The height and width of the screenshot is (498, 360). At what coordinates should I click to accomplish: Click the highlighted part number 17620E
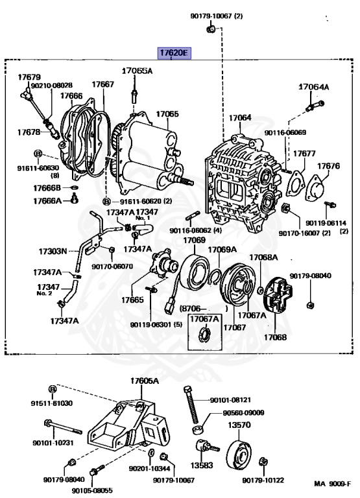[x=174, y=53]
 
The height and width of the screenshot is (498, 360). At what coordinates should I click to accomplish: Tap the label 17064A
[x=313, y=87]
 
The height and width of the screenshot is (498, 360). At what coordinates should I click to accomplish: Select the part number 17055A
[x=138, y=71]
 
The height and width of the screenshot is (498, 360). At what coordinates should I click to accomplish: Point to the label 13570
[x=239, y=425]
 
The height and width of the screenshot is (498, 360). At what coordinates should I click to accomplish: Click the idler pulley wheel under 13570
[x=240, y=455]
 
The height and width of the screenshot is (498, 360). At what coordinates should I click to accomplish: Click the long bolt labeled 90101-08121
[x=191, y=405]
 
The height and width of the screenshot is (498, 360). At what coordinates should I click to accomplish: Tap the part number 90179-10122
[x=263, y=480]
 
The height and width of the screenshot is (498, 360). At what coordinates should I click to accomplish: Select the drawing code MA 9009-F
[x=332, y=484]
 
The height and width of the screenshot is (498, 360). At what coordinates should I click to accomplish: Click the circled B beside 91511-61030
[x=53, y=389]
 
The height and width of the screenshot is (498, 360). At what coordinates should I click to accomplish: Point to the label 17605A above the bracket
[x=144, y=381]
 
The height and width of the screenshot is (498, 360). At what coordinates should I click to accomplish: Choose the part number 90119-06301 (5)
[x=156, y=325]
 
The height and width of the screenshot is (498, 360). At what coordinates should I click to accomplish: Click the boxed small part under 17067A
[x=204, y=335]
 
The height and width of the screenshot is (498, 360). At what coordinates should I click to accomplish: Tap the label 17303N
[x=53, y=252]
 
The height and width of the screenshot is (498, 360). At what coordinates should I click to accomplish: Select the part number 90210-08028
[x=52, y=85]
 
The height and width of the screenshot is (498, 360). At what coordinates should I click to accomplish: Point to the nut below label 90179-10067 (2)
[x=210, y=30]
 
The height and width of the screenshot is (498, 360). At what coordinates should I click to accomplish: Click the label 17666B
[x=47, y=188]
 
